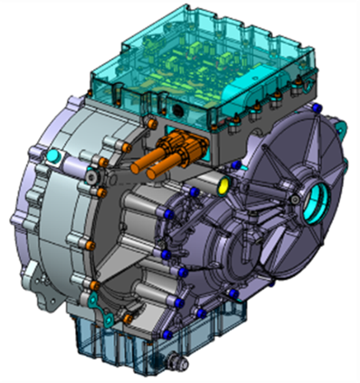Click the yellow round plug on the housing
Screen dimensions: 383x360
224,186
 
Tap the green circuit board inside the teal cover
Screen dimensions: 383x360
192,64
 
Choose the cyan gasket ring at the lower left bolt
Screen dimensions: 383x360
93,300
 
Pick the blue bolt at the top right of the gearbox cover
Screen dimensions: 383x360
317,108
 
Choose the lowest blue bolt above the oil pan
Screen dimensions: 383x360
167,334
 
